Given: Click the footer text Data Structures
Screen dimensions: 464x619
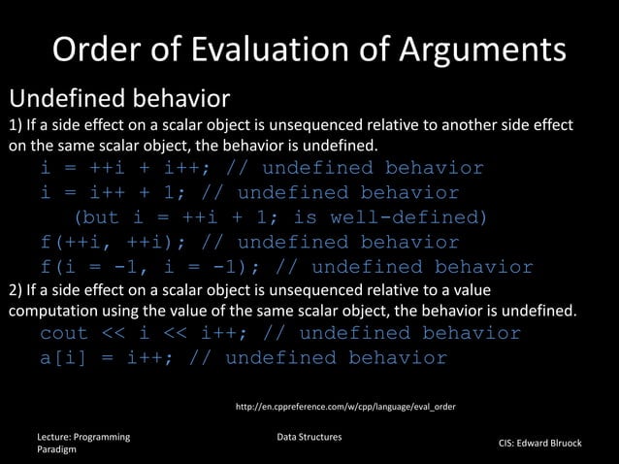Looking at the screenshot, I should pyautogui.click(x=309, y=438).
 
